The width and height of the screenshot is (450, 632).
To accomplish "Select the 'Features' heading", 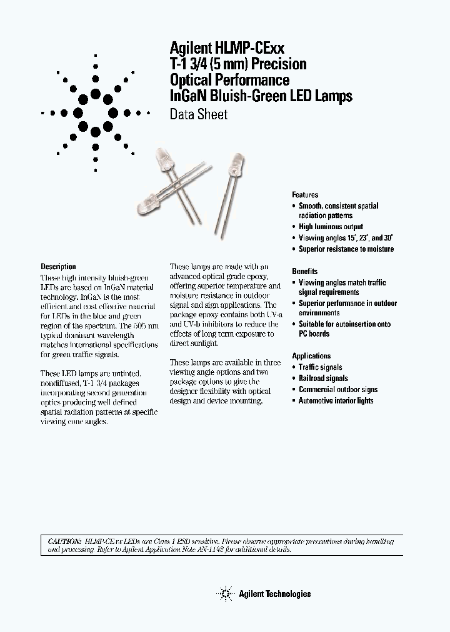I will [x=305, y=195].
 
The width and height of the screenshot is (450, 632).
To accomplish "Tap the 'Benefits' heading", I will [x=304, y=271].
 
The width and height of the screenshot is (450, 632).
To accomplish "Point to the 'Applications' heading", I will [x=311, y=356].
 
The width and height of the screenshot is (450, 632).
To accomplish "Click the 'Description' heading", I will [x=58, y=267].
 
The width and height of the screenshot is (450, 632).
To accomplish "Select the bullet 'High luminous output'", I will [x=331, y=227].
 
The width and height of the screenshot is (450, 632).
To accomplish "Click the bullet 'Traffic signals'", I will [x=320, y=367].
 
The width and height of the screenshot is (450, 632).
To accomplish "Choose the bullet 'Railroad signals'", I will [x=323, y=378].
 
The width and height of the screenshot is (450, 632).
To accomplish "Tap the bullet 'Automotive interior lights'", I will [x=336, y=400].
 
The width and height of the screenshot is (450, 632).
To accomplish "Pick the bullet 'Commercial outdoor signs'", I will [x=337, y=389].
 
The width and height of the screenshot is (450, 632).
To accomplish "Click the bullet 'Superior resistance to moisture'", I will [x=346, y=249].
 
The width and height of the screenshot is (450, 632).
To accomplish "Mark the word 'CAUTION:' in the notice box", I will [x=65, y=540].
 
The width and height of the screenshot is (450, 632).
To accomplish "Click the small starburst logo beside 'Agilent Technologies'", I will [x=224, y=593].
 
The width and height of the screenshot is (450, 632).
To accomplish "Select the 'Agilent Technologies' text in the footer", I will [x=274, y=594].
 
